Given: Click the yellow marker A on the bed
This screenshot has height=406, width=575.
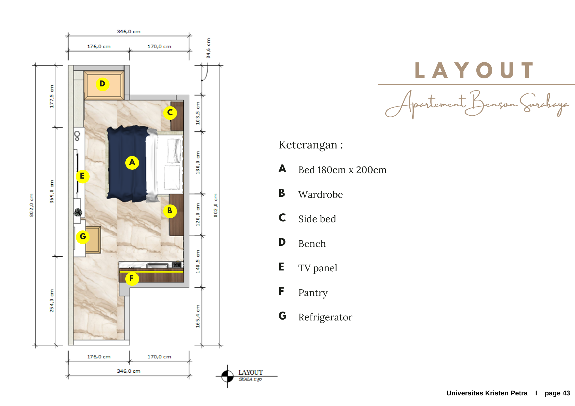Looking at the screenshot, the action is pyautogui.click(x=132, y=163).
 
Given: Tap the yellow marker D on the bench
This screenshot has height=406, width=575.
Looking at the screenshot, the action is pyautogui.click(x=102, y=84).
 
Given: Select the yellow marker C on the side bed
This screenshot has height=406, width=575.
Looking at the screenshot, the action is pyautogui.click(x=170, y=113).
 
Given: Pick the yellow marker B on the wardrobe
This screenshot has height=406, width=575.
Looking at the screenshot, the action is pyautogui.click(x=170, y=211).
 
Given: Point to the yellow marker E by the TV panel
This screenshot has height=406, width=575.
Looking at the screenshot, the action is pyautogui.click(x=83, y=176).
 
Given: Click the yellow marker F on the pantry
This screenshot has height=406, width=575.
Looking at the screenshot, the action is pyautogui.click(x=132, y=279).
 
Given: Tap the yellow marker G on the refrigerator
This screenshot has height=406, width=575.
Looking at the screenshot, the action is pyautogui.click(x=83, y=237).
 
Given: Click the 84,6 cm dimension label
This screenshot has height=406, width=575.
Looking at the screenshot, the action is pyautogui.click(x=208, y=48).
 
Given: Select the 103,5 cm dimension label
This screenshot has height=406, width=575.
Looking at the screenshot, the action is pyautogui.click(x=198, y=113).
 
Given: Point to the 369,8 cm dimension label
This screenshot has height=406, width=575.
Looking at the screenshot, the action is pyautogui.click(x=52, y=192).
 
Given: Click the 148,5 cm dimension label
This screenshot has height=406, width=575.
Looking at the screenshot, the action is pyautogui.click(x=198, y=262).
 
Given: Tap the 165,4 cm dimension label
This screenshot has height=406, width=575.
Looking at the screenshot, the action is pyautogui.click(x=198, y=316).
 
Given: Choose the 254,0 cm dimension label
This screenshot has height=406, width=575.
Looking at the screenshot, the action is pyautogui.click(x=52, y=301).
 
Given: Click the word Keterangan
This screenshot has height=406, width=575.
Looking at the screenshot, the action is pyautogui.click(x=308, y=145).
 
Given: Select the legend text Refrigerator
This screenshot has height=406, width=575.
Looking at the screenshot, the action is pyautogui.click(x=325, y=317).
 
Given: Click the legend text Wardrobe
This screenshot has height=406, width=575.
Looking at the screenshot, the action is pyautogui.click(x=321, y=195).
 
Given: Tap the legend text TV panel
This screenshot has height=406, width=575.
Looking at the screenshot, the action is pyautogui.click(x=318, y=268).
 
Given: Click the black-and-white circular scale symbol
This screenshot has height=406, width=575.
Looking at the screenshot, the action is pyautogui.click(x=227, y=376).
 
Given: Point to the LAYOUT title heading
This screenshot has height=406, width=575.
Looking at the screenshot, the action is pyautogui.click(x=474, y=71).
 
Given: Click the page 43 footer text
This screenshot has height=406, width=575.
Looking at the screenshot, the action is pyautogui.click(x=557, y=393).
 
